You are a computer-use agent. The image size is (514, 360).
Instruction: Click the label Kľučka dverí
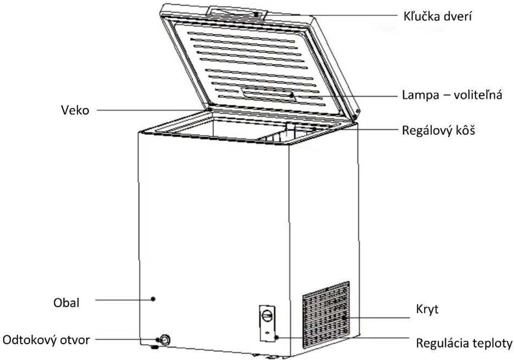pos(438,16)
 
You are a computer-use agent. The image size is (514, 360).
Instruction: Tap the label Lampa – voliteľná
pos(452,95)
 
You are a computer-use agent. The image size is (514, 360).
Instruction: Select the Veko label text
pos(75,110)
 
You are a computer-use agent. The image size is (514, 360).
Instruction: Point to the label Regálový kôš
pos(438,131)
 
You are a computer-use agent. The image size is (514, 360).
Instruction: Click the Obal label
pos(66,303)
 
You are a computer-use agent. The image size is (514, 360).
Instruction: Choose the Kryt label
pos(427,309)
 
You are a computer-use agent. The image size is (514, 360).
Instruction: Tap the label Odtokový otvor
pos(46,340)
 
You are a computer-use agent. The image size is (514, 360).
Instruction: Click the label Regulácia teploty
pos(464,343)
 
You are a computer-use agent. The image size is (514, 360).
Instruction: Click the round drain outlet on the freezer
pos(165,340)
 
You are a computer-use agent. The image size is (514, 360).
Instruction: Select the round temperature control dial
pos(267,316)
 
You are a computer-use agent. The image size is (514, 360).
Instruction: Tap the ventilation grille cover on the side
pos(326,315)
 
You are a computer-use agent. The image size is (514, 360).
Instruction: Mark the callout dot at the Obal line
pos(153,299)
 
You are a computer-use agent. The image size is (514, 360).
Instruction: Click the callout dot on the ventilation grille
pos(344,318)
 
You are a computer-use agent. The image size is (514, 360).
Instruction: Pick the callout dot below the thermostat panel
pos(277,338)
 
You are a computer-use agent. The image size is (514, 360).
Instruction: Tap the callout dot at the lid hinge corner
pos(210,110)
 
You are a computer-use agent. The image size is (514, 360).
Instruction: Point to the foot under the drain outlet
pos(155,347)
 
